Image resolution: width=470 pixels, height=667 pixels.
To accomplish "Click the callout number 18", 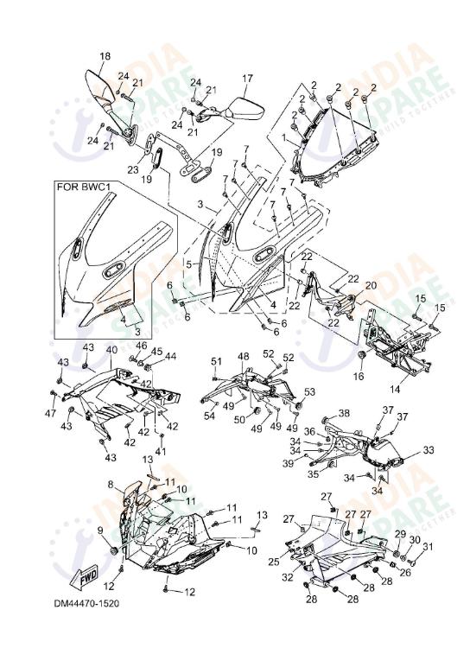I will [x=105, y=57].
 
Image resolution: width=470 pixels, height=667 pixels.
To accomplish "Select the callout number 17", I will [x=247, y=79].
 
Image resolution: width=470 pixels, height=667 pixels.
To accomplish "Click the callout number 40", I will [x=111, y=350].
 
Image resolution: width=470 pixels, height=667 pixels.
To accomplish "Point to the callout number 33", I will [x=429, y=451].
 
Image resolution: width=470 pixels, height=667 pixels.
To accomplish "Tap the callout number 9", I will [x=99, y=530].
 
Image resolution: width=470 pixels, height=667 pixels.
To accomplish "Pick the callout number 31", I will [x=426, y=545].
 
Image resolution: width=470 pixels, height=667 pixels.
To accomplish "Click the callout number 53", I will [x=309, y=393].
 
